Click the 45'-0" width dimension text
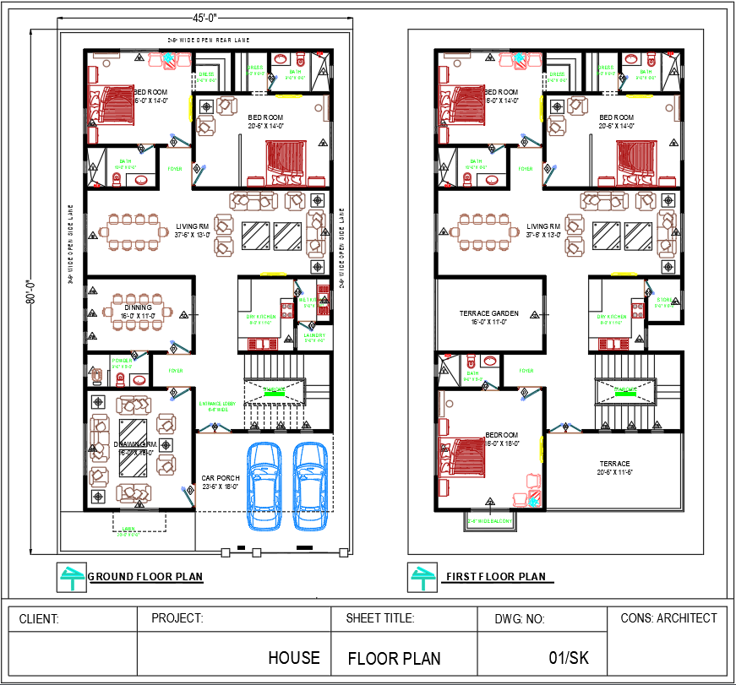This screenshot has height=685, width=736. [203, 18]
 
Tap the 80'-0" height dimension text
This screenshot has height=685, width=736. [30, 291]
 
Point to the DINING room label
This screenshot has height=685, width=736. [138, 307]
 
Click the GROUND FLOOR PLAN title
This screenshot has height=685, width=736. [145, 577]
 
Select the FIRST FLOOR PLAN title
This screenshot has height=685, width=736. [496, 577]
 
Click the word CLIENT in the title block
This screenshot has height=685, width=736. [39, 619]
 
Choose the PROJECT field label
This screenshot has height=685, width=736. [177, 618]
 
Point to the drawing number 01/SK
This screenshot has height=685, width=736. [569, 657]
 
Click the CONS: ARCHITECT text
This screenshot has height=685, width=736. [668, 618]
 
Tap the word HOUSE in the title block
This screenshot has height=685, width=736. [294, 657]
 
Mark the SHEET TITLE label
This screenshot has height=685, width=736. [380, 618]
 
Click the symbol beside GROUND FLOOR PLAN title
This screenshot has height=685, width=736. [70, 577]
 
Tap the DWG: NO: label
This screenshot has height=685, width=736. [520, 619]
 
